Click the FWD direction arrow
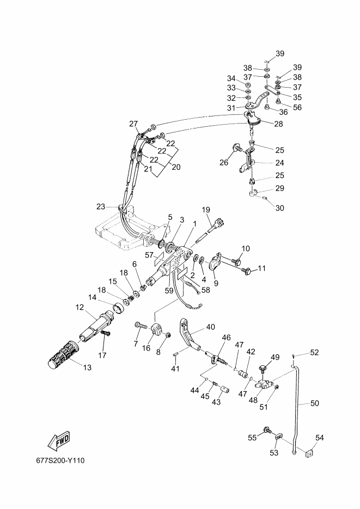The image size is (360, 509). tap(59, 441)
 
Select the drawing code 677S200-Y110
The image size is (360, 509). tap(60, 461)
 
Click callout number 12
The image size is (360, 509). tap(80, 307)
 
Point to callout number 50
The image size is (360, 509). tap(315, 403)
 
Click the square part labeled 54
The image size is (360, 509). tap(310, 453)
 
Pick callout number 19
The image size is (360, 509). tap(206, 210)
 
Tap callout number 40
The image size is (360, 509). tap(211, 327)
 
